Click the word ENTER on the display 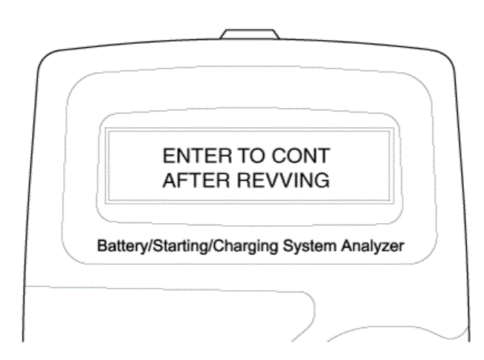pos(197,155)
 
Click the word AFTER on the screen pos(196,180)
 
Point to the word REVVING pos(283,180)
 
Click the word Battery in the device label pos(123,246)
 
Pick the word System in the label pos(309,246)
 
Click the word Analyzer pos(372,246)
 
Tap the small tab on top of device pos(249,34)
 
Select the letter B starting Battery pos(102,246)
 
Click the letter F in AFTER pos(181,180)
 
